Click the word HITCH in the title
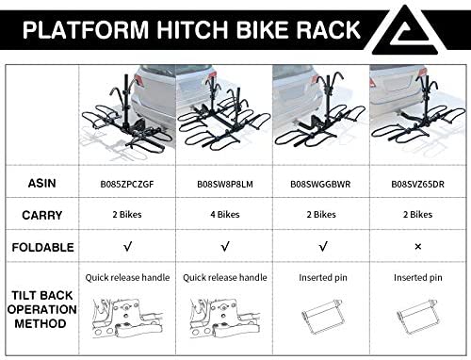coord(192,29)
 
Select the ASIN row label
coord(42,183)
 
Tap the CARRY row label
coord(42,215)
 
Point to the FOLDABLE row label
coord(42,247)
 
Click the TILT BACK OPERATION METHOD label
coord(41,309)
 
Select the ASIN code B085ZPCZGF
coord(127,184)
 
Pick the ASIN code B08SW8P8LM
coord(225,184)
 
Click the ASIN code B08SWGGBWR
coord(320,184)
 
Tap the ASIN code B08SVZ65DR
coord(417,184)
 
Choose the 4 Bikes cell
coord(225,215)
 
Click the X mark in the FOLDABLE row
coord(418,247)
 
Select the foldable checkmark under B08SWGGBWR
coord(323,247)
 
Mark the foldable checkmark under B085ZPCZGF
coord(127,247)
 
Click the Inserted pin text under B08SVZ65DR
coord(418,278)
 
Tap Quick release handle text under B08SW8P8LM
coord(225,277)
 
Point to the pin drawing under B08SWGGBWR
coord(322,318)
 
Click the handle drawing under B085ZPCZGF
coord(127,318)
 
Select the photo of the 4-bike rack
coord(224,115)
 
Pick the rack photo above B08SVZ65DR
coord(417,115)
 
